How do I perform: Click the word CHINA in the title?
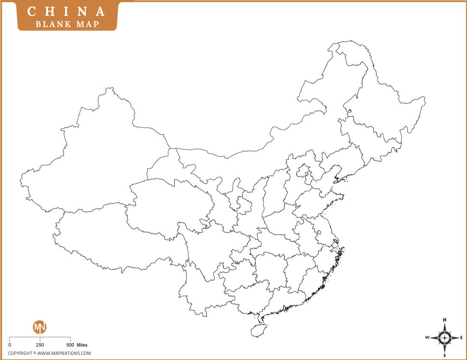coord(67,12)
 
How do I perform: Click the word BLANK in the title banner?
coord(51,24)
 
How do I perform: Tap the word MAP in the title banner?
coord(87,24)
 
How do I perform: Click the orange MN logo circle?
coord(40,327)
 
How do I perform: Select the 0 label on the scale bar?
coord(9,345)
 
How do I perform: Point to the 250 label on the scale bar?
coord(40,345)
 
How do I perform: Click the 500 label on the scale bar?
coord(70,345)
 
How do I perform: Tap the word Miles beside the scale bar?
coord(82,345)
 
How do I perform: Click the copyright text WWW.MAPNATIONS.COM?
coord(64,353)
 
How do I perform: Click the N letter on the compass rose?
coord(445,320)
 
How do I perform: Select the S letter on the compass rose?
coord(445,355)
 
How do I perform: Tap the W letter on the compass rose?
coord(427,337)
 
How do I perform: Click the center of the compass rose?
coord(445,337)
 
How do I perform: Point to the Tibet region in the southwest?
coord(107,240)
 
